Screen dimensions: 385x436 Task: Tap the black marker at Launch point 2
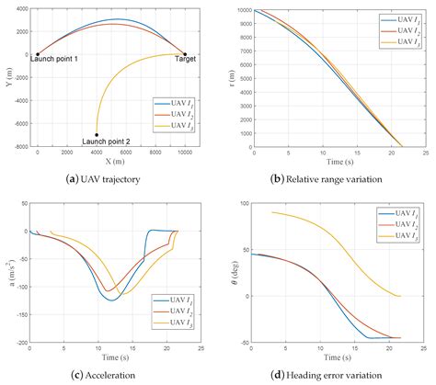97,133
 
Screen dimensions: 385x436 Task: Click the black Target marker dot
185,54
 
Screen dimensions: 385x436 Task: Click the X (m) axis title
111,162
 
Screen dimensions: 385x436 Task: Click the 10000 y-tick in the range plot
243,9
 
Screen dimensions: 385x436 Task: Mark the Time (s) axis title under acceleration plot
111,357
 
